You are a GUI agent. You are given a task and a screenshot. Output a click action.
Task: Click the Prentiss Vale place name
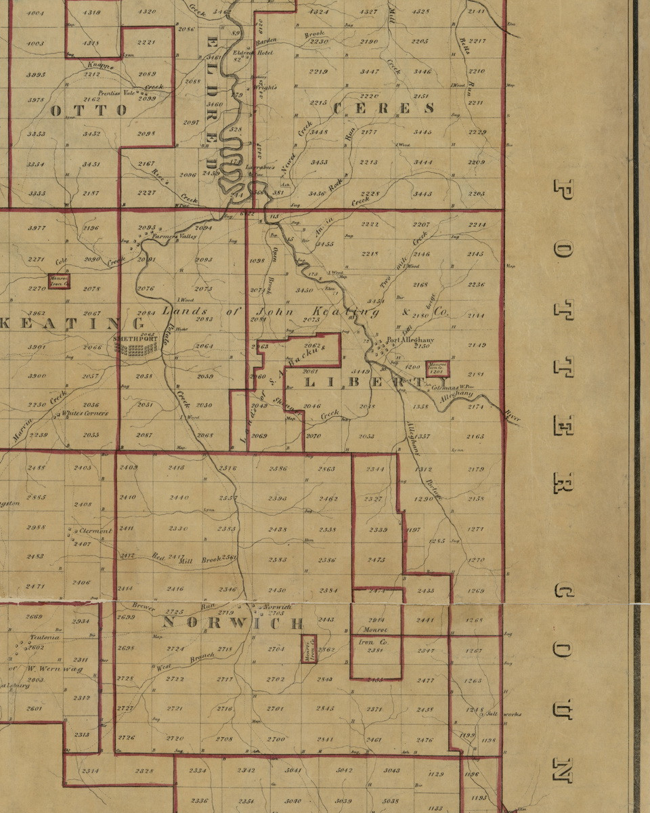click(x=117, y=93)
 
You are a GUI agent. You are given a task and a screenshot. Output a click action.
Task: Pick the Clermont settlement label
click(x=95, y=531)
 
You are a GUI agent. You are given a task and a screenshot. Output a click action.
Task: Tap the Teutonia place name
click(x=45, y=638)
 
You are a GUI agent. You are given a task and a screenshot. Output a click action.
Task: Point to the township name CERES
click(x=383, y=108)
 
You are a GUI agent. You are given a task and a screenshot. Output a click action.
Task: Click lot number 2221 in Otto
click(x=146, y=43)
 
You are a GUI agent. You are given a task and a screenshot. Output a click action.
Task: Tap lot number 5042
click(x=345, y=770)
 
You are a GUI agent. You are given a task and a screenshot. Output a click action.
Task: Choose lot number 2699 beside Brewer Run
click(x=127, y=617)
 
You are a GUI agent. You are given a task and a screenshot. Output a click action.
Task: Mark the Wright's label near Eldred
click(x=266, y=87)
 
